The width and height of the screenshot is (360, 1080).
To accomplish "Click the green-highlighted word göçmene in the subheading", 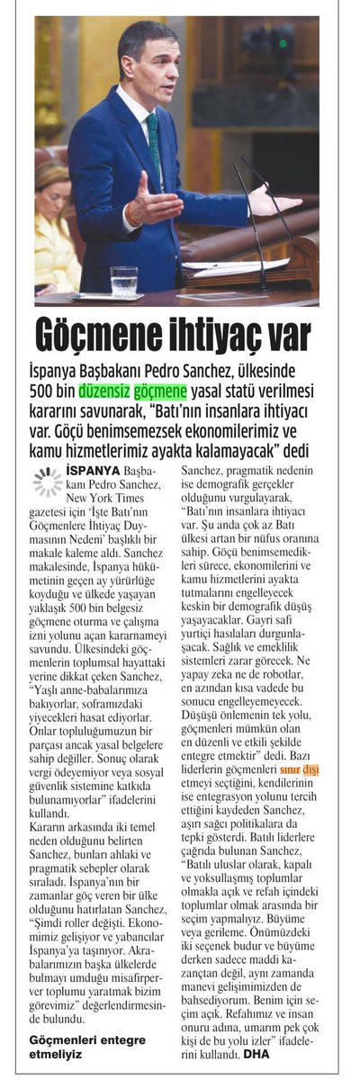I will [x=159, y=391].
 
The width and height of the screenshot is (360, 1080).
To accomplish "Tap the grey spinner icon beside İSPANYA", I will [x=47, y=481].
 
